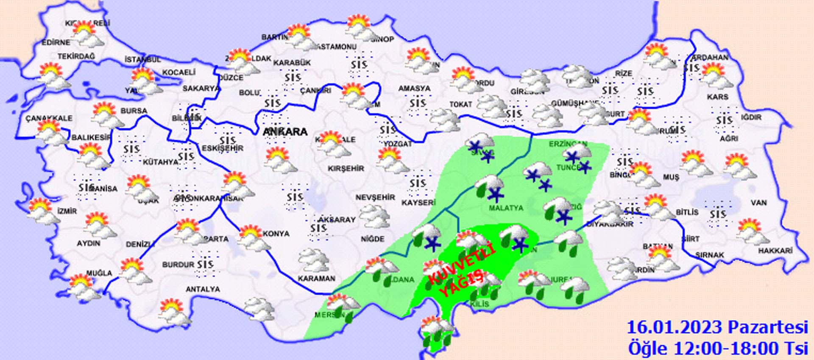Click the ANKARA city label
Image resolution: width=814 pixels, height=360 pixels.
click(284, 132)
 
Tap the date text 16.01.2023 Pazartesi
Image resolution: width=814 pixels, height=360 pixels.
click(717, 328)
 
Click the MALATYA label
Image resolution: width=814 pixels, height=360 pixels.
click(506, 208)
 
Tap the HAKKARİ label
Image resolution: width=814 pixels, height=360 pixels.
click(775, 251)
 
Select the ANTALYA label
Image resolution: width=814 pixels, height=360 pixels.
click(203, 289)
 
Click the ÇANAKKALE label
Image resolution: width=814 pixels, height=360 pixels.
click(49, 118)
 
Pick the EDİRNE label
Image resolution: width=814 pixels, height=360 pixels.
click(56, 42)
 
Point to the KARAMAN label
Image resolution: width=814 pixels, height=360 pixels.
click(316, 279)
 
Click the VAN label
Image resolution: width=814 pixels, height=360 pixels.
click(758, 203)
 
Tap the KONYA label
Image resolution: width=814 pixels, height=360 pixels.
click(276, 234)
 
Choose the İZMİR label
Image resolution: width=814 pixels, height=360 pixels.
click(67, 211)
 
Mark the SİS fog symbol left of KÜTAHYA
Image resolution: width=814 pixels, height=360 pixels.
click(131, 149)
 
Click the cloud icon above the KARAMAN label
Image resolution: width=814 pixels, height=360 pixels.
click(314, 260)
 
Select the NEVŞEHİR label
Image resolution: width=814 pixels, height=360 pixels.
click(375, 197)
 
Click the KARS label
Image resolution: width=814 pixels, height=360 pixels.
click(717, 97)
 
